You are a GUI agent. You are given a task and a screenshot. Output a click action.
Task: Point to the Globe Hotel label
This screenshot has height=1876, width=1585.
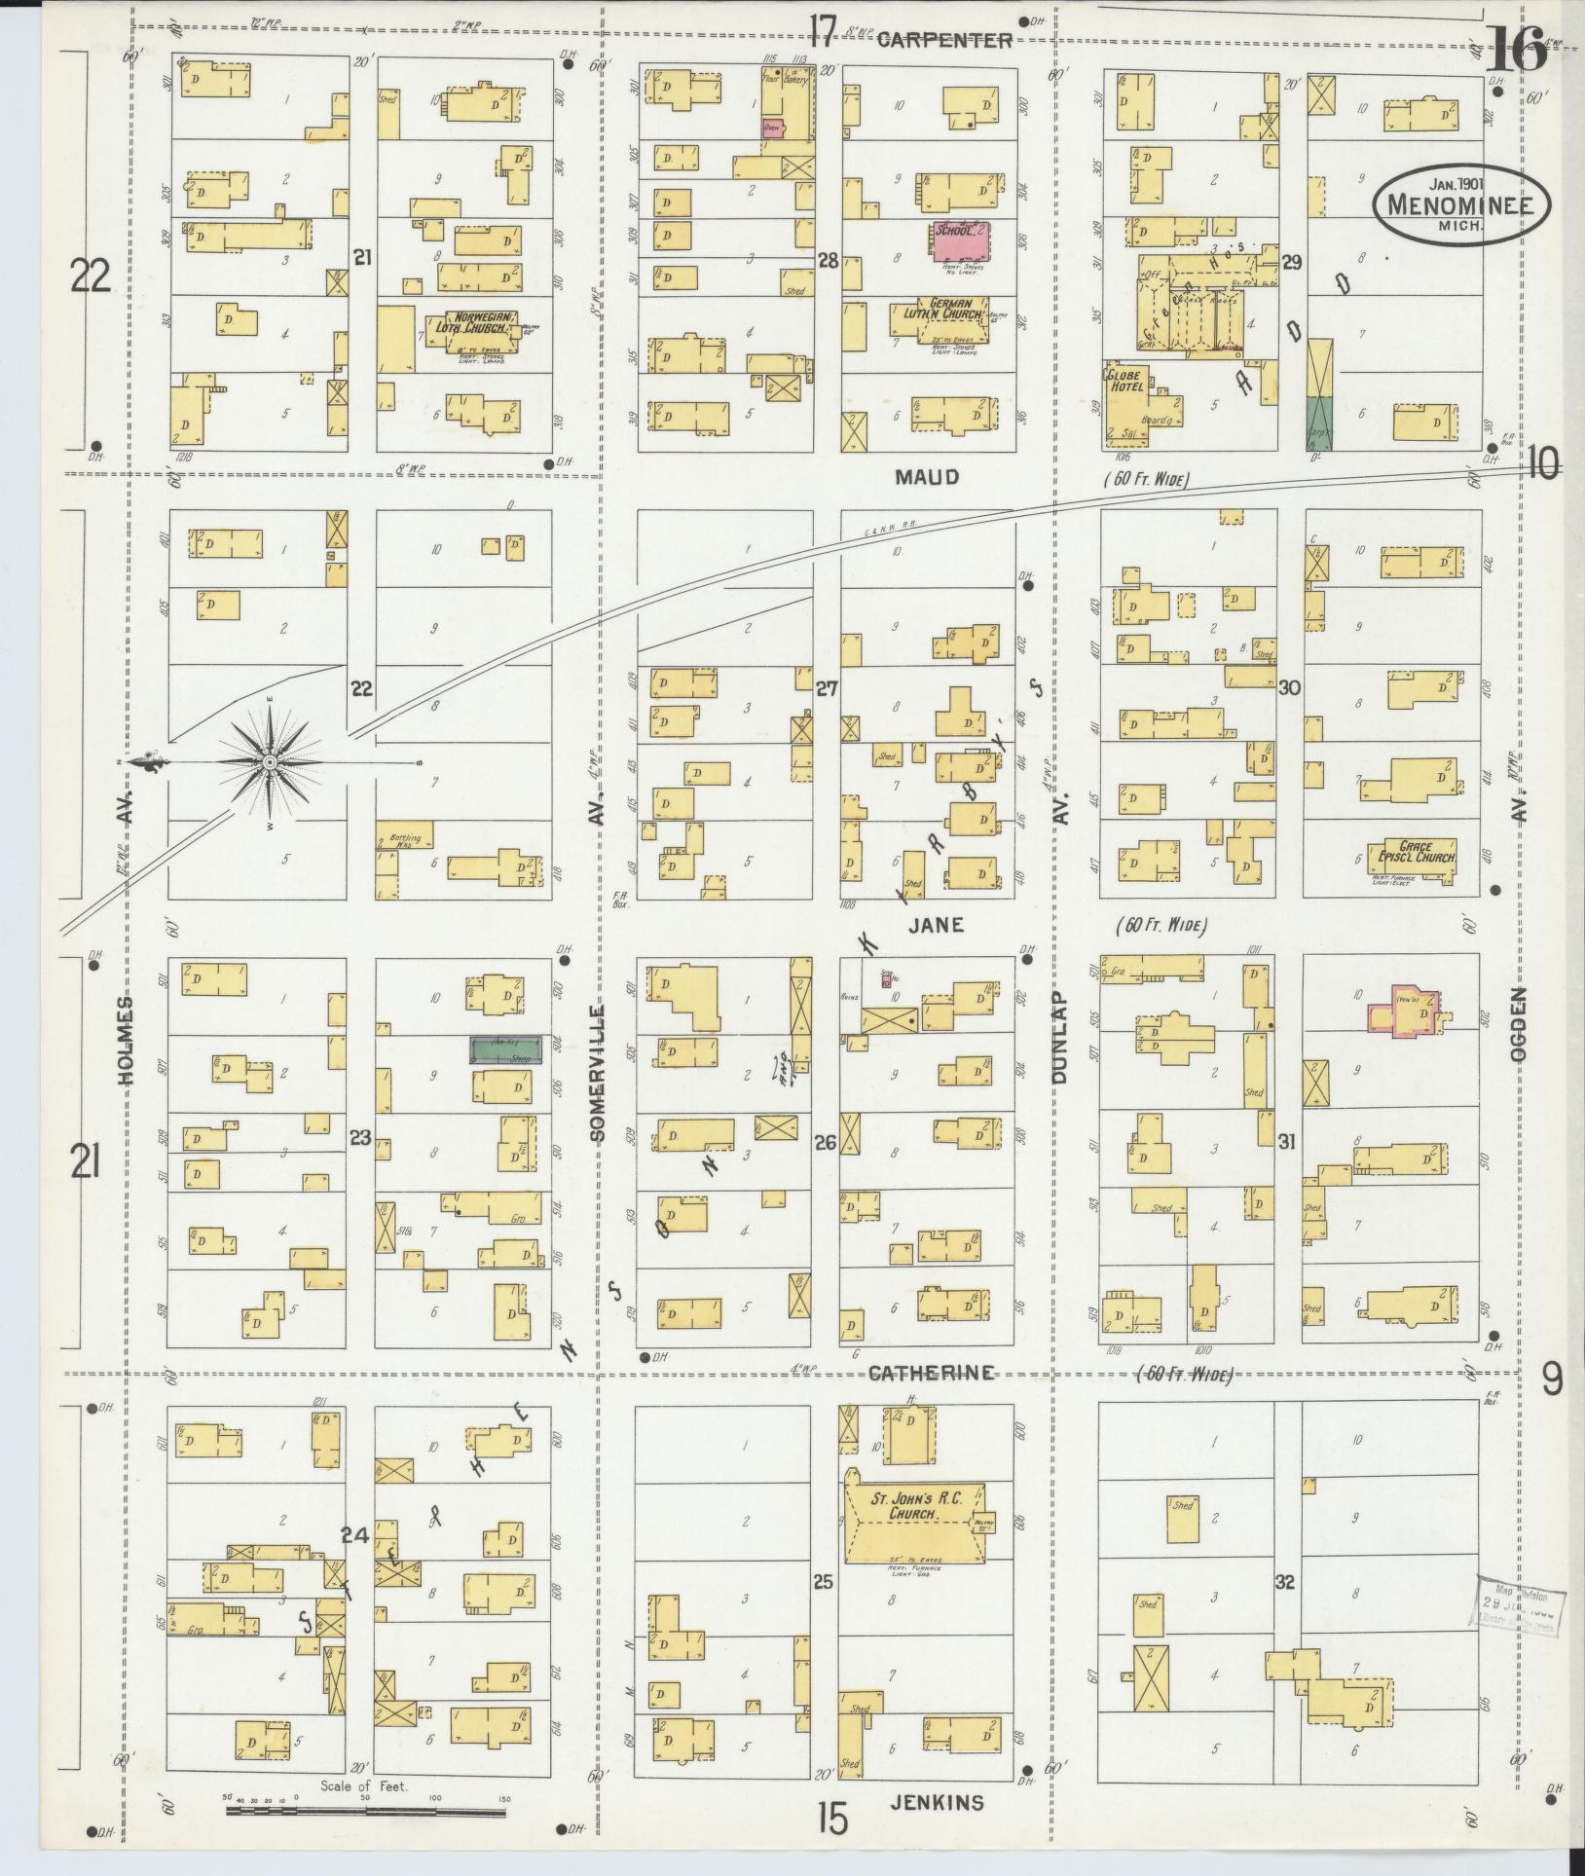(1126, 380)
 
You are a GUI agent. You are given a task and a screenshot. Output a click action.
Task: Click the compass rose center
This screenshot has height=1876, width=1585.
(269, 761)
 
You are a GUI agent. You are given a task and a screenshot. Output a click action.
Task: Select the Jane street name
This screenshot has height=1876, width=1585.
(936, 925)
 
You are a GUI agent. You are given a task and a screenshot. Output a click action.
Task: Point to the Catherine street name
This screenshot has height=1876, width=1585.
(931, 1373)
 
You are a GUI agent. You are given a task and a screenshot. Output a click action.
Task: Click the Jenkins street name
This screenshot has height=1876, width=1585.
(936, 1803)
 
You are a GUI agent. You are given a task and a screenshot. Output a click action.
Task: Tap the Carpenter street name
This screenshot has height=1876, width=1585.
(943, 40)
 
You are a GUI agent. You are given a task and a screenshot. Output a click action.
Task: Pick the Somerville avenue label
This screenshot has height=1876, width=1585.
(598, 1070)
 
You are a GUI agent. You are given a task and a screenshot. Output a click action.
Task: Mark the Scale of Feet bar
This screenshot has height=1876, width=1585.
(368, 1812)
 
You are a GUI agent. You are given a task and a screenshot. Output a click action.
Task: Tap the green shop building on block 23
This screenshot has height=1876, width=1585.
(505, 1051)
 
